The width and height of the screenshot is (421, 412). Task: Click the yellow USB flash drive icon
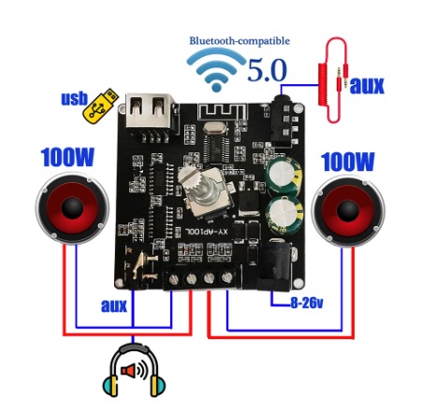[100, 107]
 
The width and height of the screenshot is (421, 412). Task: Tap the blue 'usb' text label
[74, 99]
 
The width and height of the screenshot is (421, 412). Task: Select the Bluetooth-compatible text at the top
[240, 41]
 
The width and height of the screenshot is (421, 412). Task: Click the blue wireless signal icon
[216, 70]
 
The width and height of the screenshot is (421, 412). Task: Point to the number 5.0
[267, 70]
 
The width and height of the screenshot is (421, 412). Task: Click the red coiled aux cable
[332, 80]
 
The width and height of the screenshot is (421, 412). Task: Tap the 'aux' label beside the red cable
[367, 86]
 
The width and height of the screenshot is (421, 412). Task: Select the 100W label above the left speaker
[67, 157]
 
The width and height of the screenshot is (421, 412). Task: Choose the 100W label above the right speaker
[347, 162]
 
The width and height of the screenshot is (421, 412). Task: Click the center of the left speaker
[72, 207]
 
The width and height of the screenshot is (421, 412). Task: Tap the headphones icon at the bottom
[134, 370]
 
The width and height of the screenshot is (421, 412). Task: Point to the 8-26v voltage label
[306, 303]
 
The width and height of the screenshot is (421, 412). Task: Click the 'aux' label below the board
[114, 305]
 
